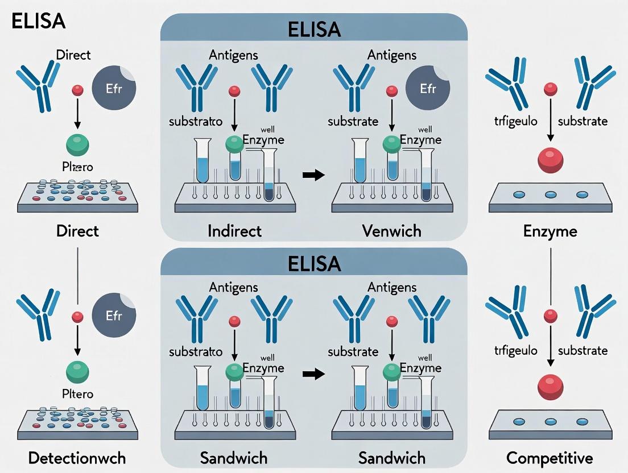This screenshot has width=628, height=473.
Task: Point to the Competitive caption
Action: click(x=549, y=458)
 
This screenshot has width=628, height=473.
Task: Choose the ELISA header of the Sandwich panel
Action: click(x=313, y=263)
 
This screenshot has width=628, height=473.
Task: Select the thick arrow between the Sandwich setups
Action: click(x=313, y=374)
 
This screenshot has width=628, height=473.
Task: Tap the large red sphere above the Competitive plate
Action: click(x=550, y=388)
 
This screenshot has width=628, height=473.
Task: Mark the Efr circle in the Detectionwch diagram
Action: click(x=114, y=316)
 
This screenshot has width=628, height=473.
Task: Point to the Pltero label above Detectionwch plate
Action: click(x=78, y=394)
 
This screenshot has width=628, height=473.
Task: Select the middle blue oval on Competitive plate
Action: click(x=550, y=422)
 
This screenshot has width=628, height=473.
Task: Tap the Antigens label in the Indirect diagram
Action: click(x=234, y=55)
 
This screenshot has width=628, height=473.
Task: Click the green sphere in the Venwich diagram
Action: click(x=391, y=144)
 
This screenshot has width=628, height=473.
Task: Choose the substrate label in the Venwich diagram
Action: click(x=353, y=121)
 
